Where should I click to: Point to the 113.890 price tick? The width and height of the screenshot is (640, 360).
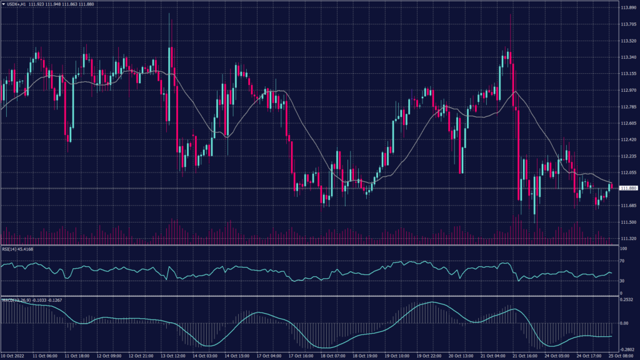point(628,8)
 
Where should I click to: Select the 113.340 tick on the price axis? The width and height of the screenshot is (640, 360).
point(628,57)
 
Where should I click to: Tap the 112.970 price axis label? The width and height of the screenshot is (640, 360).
point(628,90)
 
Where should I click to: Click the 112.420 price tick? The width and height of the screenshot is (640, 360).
point(628,139)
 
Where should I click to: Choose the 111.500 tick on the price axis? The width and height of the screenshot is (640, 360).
point(628,222)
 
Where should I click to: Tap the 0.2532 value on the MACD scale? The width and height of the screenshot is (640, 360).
point(626,300)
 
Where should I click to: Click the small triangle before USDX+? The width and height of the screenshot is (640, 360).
point(3,4)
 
